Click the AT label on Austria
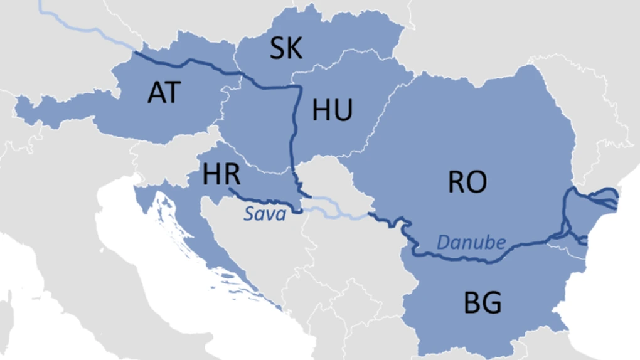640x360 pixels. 164,93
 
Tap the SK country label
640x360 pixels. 286,48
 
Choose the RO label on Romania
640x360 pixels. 467,182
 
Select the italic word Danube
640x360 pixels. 471,242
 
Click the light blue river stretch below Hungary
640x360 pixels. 339,210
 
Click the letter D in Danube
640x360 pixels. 443,242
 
